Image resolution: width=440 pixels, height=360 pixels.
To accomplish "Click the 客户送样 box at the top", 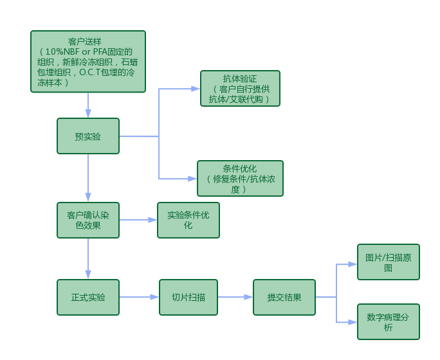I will click(87, 62).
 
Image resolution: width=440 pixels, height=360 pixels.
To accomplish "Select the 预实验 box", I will click(88, 136).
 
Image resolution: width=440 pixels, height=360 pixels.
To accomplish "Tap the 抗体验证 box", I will click(240, 89).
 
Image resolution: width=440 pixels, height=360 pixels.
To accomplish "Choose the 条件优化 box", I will click(240, 179).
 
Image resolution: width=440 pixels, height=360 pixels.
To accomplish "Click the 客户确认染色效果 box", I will click(88, 220).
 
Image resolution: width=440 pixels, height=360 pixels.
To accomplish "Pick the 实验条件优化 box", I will click(188, 220).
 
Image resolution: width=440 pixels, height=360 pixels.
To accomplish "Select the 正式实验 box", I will click(88, 297).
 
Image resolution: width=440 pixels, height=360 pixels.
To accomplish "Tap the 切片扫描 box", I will click(188, 297).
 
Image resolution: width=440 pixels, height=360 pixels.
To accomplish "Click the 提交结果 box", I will click(284, 297).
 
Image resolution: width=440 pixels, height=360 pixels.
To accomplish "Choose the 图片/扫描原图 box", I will click(388, 262).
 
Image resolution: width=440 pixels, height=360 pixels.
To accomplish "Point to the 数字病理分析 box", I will click(388, 321).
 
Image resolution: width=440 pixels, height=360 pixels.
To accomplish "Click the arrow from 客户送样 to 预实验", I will click(88, 105).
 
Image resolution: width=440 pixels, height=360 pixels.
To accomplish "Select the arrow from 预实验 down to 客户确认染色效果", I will click(88, 177).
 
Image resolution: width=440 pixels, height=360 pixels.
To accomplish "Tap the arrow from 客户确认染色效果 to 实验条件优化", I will click(138, 220).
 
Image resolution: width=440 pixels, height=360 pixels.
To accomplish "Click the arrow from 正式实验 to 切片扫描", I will click(139, 297).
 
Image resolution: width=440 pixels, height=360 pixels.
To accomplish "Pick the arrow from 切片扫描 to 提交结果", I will click(235, 297).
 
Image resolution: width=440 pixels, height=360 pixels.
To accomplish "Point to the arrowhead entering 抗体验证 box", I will click(196, 89).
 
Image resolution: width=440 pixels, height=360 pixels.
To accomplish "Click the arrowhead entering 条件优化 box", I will click(192, 179).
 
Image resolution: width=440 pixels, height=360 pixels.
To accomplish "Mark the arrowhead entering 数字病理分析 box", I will click(353, 321).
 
